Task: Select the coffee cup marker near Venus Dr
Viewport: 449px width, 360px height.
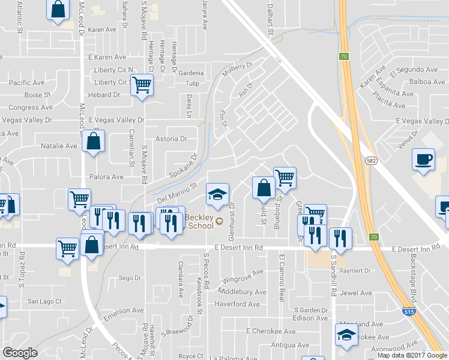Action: point(423,160)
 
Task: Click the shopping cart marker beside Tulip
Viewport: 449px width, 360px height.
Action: point(142,86)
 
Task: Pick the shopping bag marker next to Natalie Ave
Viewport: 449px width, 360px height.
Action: point(94,142)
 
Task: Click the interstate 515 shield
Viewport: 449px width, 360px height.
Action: point(407,312)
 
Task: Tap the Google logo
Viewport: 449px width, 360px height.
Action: point(20,353)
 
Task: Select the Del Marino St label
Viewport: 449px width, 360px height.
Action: point(177,193)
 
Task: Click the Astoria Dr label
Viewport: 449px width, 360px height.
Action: point(172,139)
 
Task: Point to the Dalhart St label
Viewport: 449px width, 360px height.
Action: point(270,17)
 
